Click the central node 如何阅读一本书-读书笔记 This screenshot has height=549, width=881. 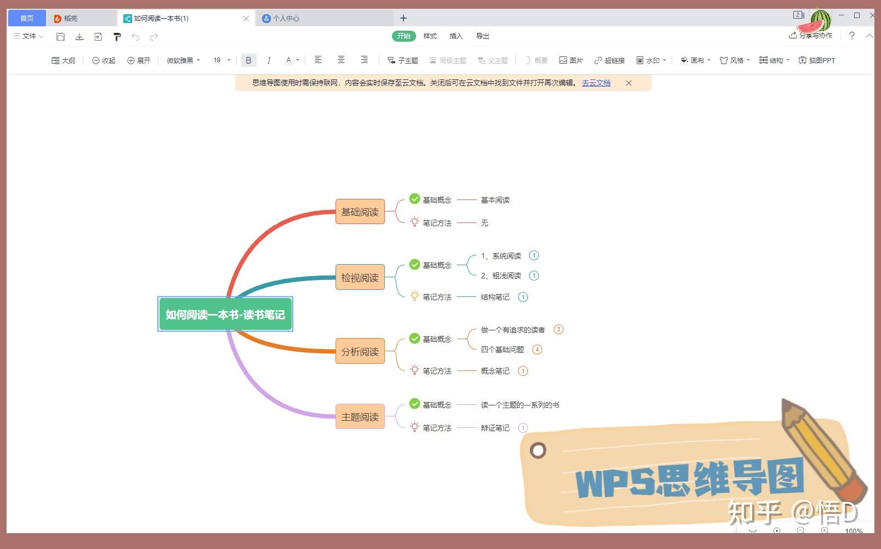coord(225,314)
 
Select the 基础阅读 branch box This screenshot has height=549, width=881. coord(360,212)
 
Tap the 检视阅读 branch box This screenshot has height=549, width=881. coord(360,278)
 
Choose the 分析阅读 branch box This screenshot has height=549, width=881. coord(360,352)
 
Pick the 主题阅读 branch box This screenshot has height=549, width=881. coord(360,417)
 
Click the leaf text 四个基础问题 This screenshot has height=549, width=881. coord(502,350)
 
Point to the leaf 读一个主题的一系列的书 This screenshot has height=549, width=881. coord(520,405)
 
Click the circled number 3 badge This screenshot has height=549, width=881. coord(558,329)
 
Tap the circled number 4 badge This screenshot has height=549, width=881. coord(537,350)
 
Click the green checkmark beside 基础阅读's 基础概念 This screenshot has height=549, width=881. coord(414,199)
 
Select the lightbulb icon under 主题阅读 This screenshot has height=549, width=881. coord(414,427)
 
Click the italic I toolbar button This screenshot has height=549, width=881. coord(269,60)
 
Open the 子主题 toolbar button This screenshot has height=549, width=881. coord(403,60)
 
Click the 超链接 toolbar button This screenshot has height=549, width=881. coord(610,60)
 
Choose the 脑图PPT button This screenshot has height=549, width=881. coord(817,60)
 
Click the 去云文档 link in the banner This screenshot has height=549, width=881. coord(596,83)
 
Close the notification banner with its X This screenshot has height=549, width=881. coord(629,83)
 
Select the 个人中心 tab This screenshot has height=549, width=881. coord(285,19)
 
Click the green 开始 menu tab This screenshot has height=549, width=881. coord(403,36)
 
